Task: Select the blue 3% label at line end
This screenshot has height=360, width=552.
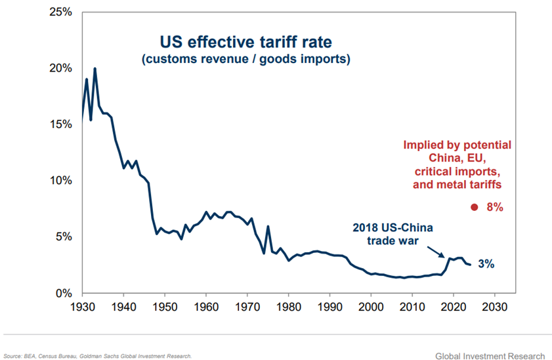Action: [486, 264]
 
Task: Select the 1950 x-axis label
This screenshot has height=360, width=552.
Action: [164, 307]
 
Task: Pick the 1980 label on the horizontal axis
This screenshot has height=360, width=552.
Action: [288, 307]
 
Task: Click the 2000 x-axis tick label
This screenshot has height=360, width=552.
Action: [371, 307]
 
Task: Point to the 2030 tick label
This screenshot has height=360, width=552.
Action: [495, 307]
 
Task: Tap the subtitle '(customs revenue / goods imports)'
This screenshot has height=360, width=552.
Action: [245, 60]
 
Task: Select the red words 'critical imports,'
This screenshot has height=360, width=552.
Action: [457, 171]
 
